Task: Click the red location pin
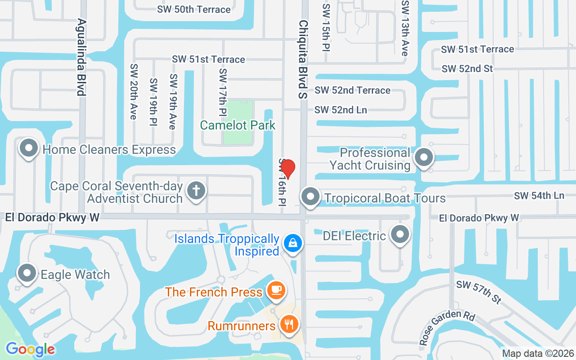point(288,169)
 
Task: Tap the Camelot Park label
point(238,125)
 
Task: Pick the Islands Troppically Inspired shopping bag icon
point(293,243)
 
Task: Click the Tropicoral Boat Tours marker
point(310,197)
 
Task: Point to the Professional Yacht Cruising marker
point(424,157)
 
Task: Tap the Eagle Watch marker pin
point(27,273)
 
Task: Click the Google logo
point(30,349)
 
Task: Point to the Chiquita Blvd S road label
point(303,59)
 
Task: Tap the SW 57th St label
point(478,291)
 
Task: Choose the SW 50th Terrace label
point(194,9)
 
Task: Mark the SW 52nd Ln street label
point(341,110)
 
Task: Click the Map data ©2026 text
point(538,353)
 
